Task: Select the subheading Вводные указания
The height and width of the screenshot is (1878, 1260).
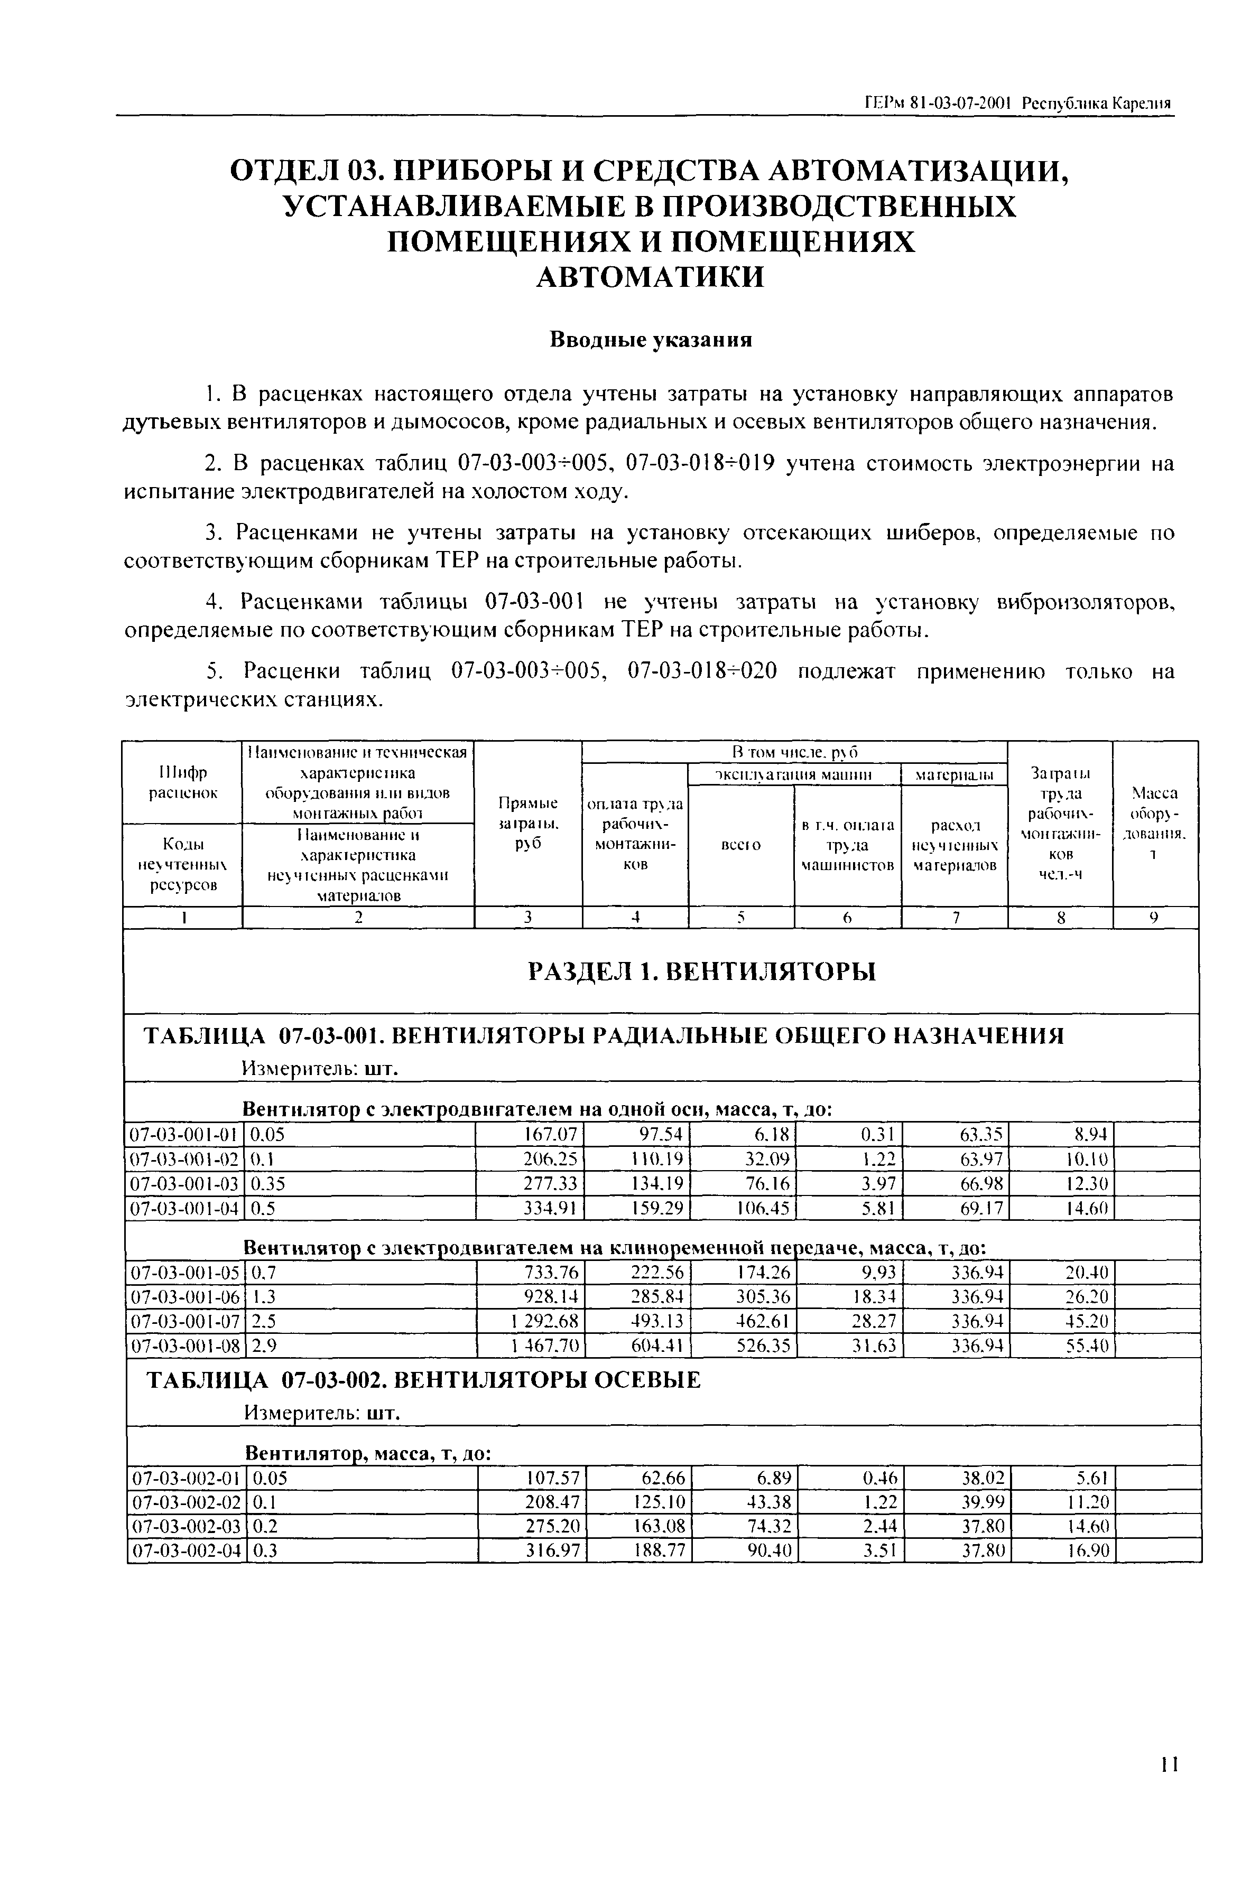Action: (651, 340)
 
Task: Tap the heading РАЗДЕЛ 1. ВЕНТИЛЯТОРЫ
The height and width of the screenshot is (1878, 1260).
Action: (701, 972)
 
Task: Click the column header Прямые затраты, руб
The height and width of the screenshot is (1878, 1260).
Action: (528, 824)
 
